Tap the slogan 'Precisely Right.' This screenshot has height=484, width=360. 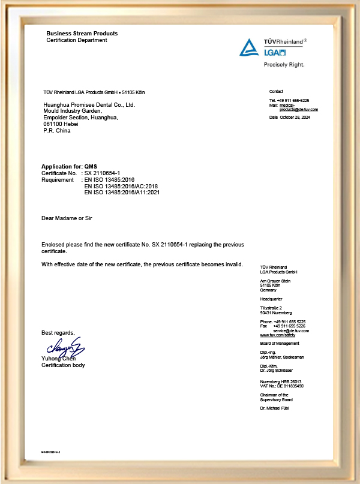(284, 64)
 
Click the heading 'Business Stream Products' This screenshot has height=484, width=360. (82, 34)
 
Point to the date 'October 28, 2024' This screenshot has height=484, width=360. (296, 118)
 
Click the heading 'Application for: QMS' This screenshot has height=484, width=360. (69, 166)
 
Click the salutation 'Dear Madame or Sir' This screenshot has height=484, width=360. (67, 219)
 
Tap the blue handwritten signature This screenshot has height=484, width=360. (63, 348)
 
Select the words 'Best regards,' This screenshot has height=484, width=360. (58, 332)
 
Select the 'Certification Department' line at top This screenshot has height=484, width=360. (77, 40)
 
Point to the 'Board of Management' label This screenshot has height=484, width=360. (280, 342)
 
